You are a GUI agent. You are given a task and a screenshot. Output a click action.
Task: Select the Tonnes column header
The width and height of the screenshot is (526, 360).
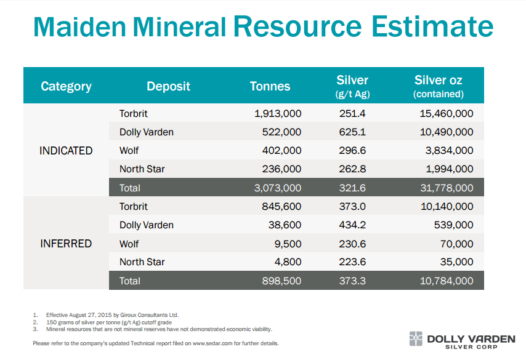click(x=270, y=86)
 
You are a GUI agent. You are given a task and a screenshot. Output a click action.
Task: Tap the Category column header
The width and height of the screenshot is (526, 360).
click(x=66, y=86)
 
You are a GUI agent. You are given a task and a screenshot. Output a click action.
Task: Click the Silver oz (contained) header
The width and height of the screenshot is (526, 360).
click(x=438, y=86)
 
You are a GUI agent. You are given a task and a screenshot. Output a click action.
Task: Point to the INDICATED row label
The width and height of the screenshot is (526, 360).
click(x=66, y=151)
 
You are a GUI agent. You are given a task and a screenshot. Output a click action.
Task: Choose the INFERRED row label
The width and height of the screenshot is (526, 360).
click(x=66, y=244)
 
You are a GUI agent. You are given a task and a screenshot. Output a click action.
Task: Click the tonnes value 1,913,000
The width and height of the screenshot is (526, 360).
click(x=278, y=113)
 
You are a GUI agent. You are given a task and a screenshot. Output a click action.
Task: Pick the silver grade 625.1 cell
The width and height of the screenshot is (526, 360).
click(x=352, y=132)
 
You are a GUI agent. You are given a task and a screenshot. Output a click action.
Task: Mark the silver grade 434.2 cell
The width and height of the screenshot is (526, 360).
click(x=352, y=225)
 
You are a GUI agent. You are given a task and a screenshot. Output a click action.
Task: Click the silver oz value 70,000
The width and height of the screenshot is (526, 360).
click(x=456, y=244)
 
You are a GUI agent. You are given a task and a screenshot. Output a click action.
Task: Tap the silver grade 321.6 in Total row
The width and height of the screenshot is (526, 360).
click(x=352, y=188)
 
